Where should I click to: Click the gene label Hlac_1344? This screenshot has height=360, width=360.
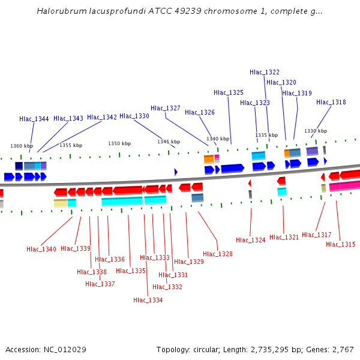(x=34, y=119)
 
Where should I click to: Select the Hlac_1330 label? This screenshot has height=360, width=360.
(x=134, y=116)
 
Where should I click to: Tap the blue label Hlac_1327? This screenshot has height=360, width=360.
(x=166, y=108)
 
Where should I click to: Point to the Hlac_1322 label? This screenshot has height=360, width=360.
(x=265, y=72)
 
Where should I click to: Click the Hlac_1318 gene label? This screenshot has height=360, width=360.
(x=331, y=102)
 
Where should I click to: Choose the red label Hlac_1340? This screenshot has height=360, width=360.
(x=41, y=249)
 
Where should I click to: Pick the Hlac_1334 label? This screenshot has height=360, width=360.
(x=148, y=300)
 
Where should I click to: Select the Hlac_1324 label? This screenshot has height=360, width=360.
(x=251, y=240)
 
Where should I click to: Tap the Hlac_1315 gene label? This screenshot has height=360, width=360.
(x=341, y=244)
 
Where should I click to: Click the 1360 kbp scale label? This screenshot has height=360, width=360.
(x=22, y=146)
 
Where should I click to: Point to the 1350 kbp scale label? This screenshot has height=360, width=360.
(x=119, y=143)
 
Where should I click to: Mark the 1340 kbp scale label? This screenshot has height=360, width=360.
(x=218, y=139)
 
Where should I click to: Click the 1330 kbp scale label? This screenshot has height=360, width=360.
(x=316, y=131)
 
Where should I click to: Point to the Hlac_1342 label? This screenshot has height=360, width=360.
(x=102, y=117)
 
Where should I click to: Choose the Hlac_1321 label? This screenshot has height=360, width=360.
(x=284, y=237)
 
